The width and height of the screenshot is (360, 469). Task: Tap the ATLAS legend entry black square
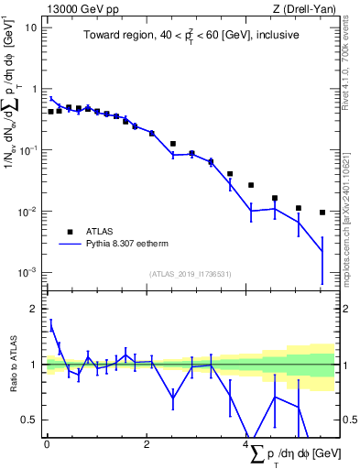[x=68, y=232]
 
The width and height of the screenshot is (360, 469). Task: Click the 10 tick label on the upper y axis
[x=31, y=27]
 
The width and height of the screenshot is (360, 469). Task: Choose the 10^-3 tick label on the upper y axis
[x=29, y=273]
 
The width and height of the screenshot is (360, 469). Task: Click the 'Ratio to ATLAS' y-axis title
[x=13, y=365]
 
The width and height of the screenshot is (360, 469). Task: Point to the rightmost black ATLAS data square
[x=322, y=213]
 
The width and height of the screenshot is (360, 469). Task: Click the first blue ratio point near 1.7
[x=51, y=326]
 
